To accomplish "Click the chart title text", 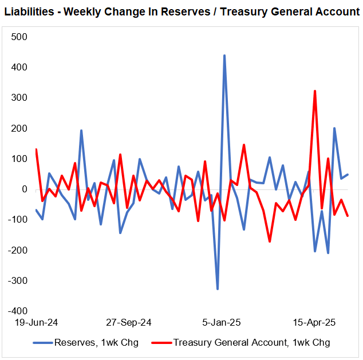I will (x=181, y=12).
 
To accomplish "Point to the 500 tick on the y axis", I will (x=19, y=37).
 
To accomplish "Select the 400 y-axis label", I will (x=19, y=68).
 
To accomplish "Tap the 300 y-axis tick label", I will (x=19, y=98).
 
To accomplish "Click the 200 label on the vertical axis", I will (x=19, y=128).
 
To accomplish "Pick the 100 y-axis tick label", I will (x=19, y=159).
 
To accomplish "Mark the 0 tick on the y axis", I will (x=25, y=189).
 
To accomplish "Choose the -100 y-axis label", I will (x=18, y=220).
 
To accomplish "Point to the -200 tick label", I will (x=18, y=251).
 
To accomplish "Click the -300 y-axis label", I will (x=18, y=281).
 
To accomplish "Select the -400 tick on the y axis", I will (x=18, y=311).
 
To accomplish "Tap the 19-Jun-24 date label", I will (x=35, y=322).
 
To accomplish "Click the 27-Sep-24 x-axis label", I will (x=129, y=322).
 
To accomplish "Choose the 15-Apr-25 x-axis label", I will (x=313, y=322).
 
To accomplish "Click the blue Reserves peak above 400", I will (x=224, y=56).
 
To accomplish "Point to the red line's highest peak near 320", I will (x=315, y=91).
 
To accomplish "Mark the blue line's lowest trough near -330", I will (x=218, y=289).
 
